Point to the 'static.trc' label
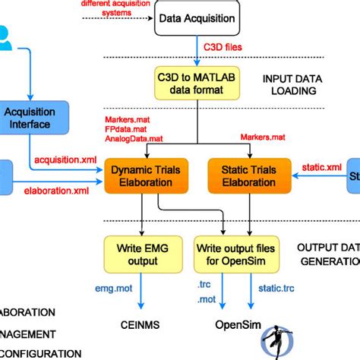tap(276, 289)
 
